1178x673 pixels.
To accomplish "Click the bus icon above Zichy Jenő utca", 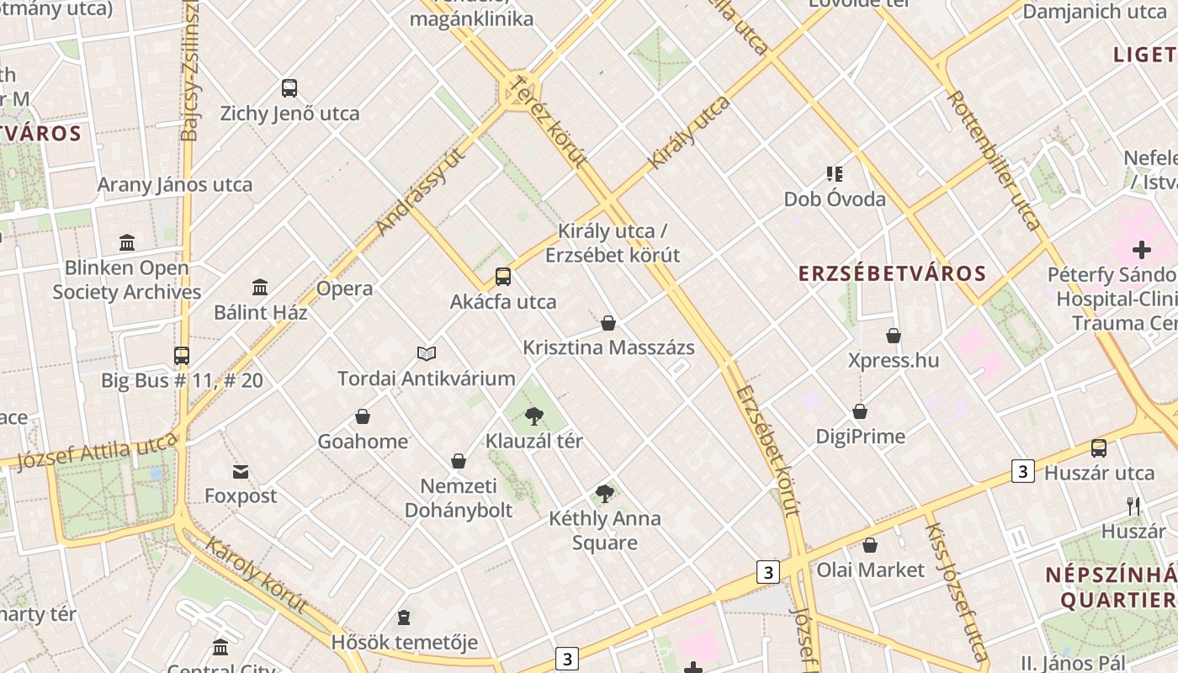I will point(289,88).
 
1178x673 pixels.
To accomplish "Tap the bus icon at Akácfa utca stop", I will point(503,277).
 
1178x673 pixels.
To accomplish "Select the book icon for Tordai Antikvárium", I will point(427,354).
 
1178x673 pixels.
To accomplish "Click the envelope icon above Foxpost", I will point(241,471).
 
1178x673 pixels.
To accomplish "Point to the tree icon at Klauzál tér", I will point(533,416).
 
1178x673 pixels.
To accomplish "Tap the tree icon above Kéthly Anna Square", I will point(604,494).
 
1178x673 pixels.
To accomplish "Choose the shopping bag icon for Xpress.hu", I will point(894,336).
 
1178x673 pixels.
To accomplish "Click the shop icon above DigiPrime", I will point(860,411).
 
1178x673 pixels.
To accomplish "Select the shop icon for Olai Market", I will point(870,545).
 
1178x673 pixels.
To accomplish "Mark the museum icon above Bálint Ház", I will point(260,288).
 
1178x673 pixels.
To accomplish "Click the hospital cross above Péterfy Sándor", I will point(1142,250).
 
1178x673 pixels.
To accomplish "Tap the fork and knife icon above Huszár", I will point(1133,506).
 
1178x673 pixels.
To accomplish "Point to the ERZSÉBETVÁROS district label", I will point(892,273).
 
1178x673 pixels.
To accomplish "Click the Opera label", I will point(344,289).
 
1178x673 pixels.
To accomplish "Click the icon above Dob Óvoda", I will point(835,174).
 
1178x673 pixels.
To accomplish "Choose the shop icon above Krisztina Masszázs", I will point(608,323).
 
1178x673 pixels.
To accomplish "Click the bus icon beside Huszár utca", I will point(1099,448).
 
